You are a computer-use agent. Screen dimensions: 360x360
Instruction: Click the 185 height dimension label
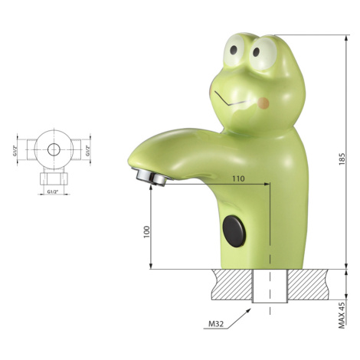342,159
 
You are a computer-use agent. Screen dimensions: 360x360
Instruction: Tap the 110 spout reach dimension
238,178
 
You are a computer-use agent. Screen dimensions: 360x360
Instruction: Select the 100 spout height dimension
146,232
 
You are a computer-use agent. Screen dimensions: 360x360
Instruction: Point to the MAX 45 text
342,315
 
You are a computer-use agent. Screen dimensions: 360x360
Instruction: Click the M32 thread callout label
216,324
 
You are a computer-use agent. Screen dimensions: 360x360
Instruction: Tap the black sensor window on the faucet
234,231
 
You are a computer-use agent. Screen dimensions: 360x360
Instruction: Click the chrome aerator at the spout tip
149,176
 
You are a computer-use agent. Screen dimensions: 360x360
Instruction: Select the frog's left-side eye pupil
233,50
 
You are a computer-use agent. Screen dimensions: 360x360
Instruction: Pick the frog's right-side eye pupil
256,52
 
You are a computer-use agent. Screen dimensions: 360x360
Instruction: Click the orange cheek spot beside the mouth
263,103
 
